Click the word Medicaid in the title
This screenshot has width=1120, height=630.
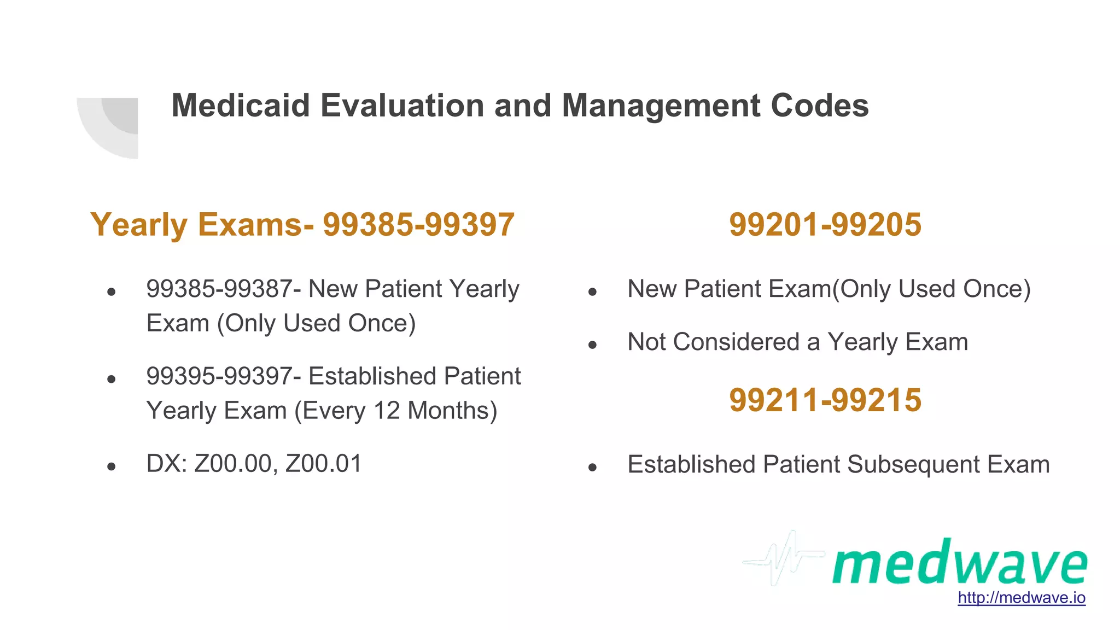tap(241, 105)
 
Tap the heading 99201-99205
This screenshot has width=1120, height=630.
tap(825, 225)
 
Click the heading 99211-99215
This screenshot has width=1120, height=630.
tap(825, 400)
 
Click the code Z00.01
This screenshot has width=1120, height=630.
tap(323, 464)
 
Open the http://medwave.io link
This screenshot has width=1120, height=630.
tap(1021, 597)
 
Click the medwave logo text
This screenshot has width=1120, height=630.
tap(959, 563)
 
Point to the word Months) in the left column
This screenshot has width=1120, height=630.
tap(452, 411)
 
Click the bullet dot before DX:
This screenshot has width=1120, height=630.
tap(112, 466)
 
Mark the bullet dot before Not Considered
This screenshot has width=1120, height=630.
tap(592, 345)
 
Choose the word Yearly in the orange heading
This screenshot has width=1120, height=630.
tap(139, 225)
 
